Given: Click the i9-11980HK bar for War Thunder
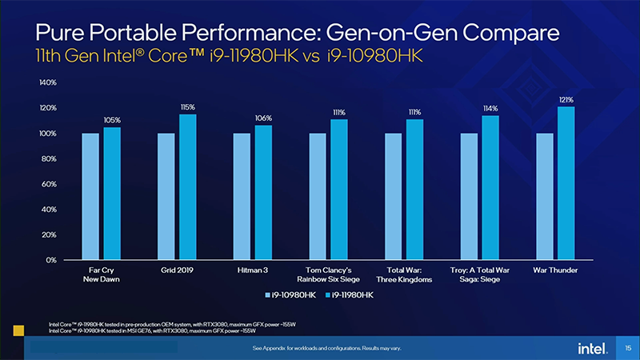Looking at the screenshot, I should click(566, 183).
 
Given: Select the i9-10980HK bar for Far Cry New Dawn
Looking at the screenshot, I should click(90, 196).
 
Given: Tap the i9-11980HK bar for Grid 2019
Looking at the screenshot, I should click(188, 187).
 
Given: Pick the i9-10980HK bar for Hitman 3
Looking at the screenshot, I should click(242, 196).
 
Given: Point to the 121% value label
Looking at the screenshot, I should click(566, 99).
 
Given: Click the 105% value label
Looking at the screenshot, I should click(112, 120).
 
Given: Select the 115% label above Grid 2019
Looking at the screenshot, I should click(188, 107).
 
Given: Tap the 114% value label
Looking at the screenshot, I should click(490, 108).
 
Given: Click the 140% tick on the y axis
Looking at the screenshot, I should click(46, 82).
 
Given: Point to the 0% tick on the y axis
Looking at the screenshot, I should click(49, 260).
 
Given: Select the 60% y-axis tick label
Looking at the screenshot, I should click(47, 184).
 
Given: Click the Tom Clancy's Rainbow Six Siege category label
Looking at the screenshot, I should click(330, 274).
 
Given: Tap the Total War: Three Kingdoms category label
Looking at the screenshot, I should click(405, 274).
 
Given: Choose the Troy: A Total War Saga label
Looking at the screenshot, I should click(480, 274).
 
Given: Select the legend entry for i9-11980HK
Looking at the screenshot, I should click(349, 295).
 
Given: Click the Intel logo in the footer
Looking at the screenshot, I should click(590, 348).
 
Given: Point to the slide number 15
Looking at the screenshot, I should click(628, 348).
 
